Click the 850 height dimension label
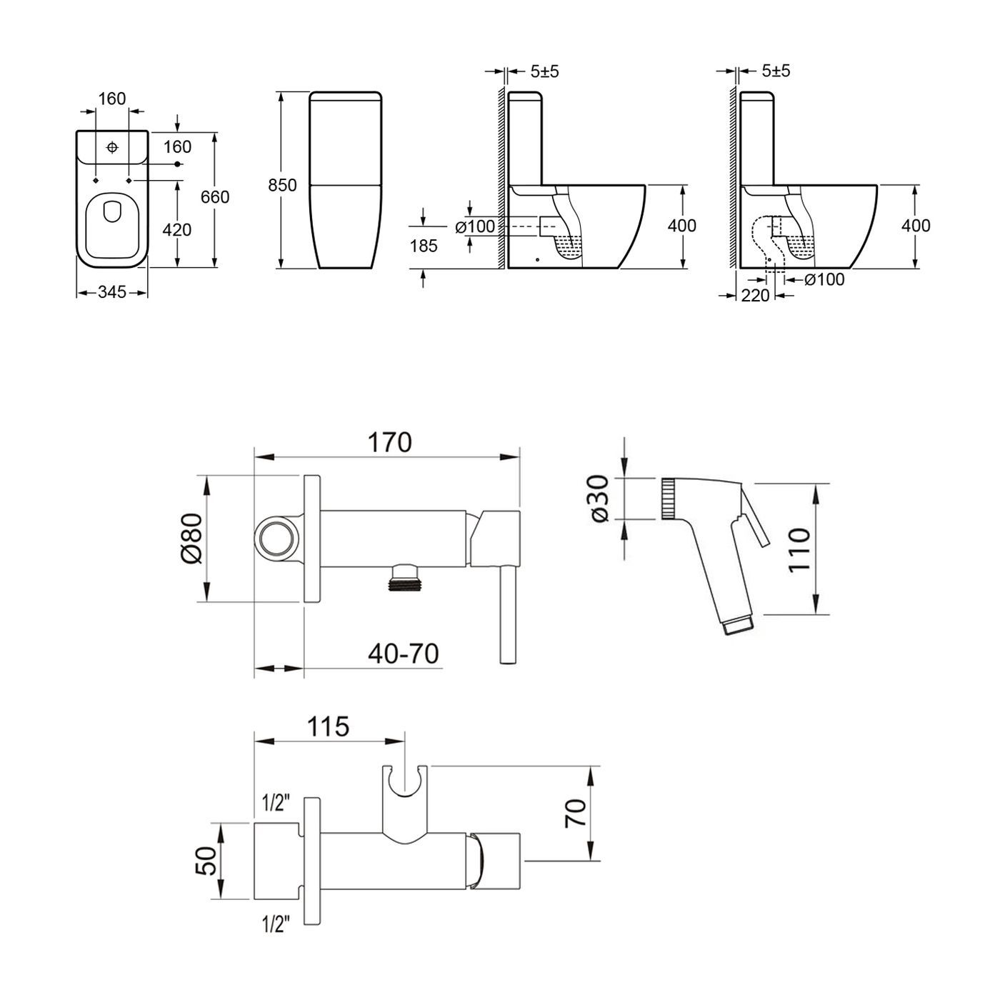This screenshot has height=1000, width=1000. pos(282,185)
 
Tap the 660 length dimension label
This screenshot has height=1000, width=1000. pos(215,196)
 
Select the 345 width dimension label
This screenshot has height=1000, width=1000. pos(112,292)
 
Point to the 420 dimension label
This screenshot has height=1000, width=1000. pos(177,229)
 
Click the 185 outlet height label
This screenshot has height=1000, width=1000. pos(424,246)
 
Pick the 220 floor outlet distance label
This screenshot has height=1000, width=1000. pos(755,295)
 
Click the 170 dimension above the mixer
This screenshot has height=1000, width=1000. pos(390,443)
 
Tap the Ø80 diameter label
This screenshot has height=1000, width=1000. pos(193,539)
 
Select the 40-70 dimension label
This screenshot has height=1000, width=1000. pos(404,654)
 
